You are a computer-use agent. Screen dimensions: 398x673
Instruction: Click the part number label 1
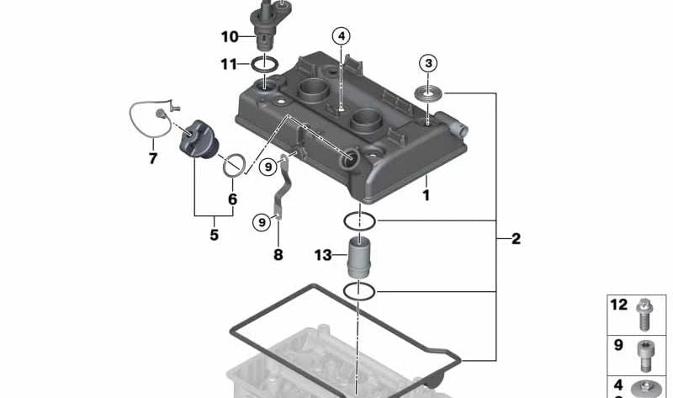(426, 195)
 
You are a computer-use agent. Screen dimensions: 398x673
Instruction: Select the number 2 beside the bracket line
(515, 239)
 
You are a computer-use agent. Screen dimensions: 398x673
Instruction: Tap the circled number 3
(429, 63)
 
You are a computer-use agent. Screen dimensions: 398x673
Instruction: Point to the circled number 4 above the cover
(341, 36)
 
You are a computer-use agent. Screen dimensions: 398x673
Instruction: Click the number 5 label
(214, 235)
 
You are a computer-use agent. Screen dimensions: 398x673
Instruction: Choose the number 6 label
(232, 199)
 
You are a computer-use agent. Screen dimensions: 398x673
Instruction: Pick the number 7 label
(153, 157)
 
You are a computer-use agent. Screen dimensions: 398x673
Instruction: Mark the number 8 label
(278, 254)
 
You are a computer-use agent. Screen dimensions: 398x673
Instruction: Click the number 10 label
(230, 36)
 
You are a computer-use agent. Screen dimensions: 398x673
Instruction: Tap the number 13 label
(324, 255)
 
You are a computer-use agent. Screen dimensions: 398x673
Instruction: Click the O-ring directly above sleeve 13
(360, 222)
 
